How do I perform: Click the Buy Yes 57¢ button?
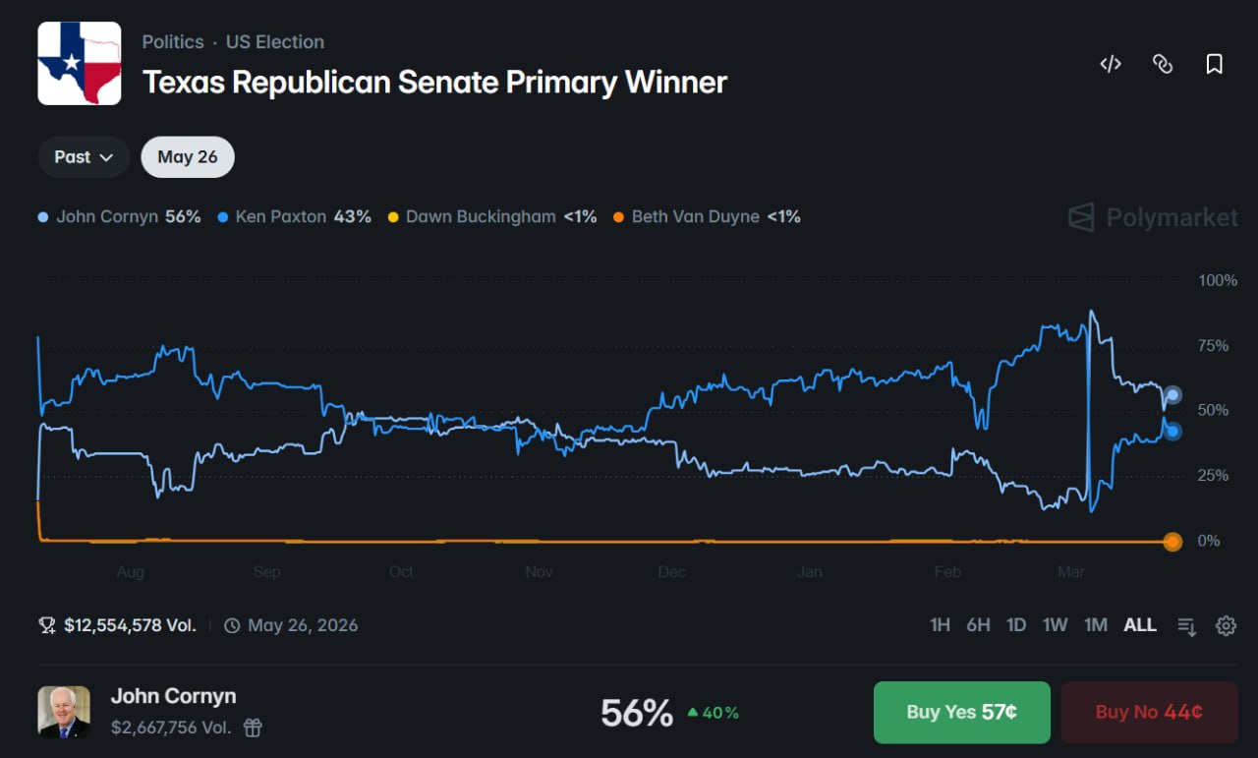961,712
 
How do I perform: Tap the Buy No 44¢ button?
1149,712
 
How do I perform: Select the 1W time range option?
1055,625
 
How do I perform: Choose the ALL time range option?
1140,625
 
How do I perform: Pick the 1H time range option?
940,625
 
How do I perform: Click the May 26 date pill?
188,157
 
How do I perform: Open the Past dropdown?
84,157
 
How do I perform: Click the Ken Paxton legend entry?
295,216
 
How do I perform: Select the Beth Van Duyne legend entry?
706,216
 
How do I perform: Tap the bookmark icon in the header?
1215,64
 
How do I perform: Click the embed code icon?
1111,64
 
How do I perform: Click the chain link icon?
1163,64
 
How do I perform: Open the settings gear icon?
1226,625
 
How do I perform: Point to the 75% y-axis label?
1213,346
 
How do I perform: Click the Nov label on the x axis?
539,572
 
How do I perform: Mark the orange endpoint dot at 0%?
1172,542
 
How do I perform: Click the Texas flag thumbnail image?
80,63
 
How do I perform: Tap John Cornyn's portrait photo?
64,712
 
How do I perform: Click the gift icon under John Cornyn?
254,728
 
